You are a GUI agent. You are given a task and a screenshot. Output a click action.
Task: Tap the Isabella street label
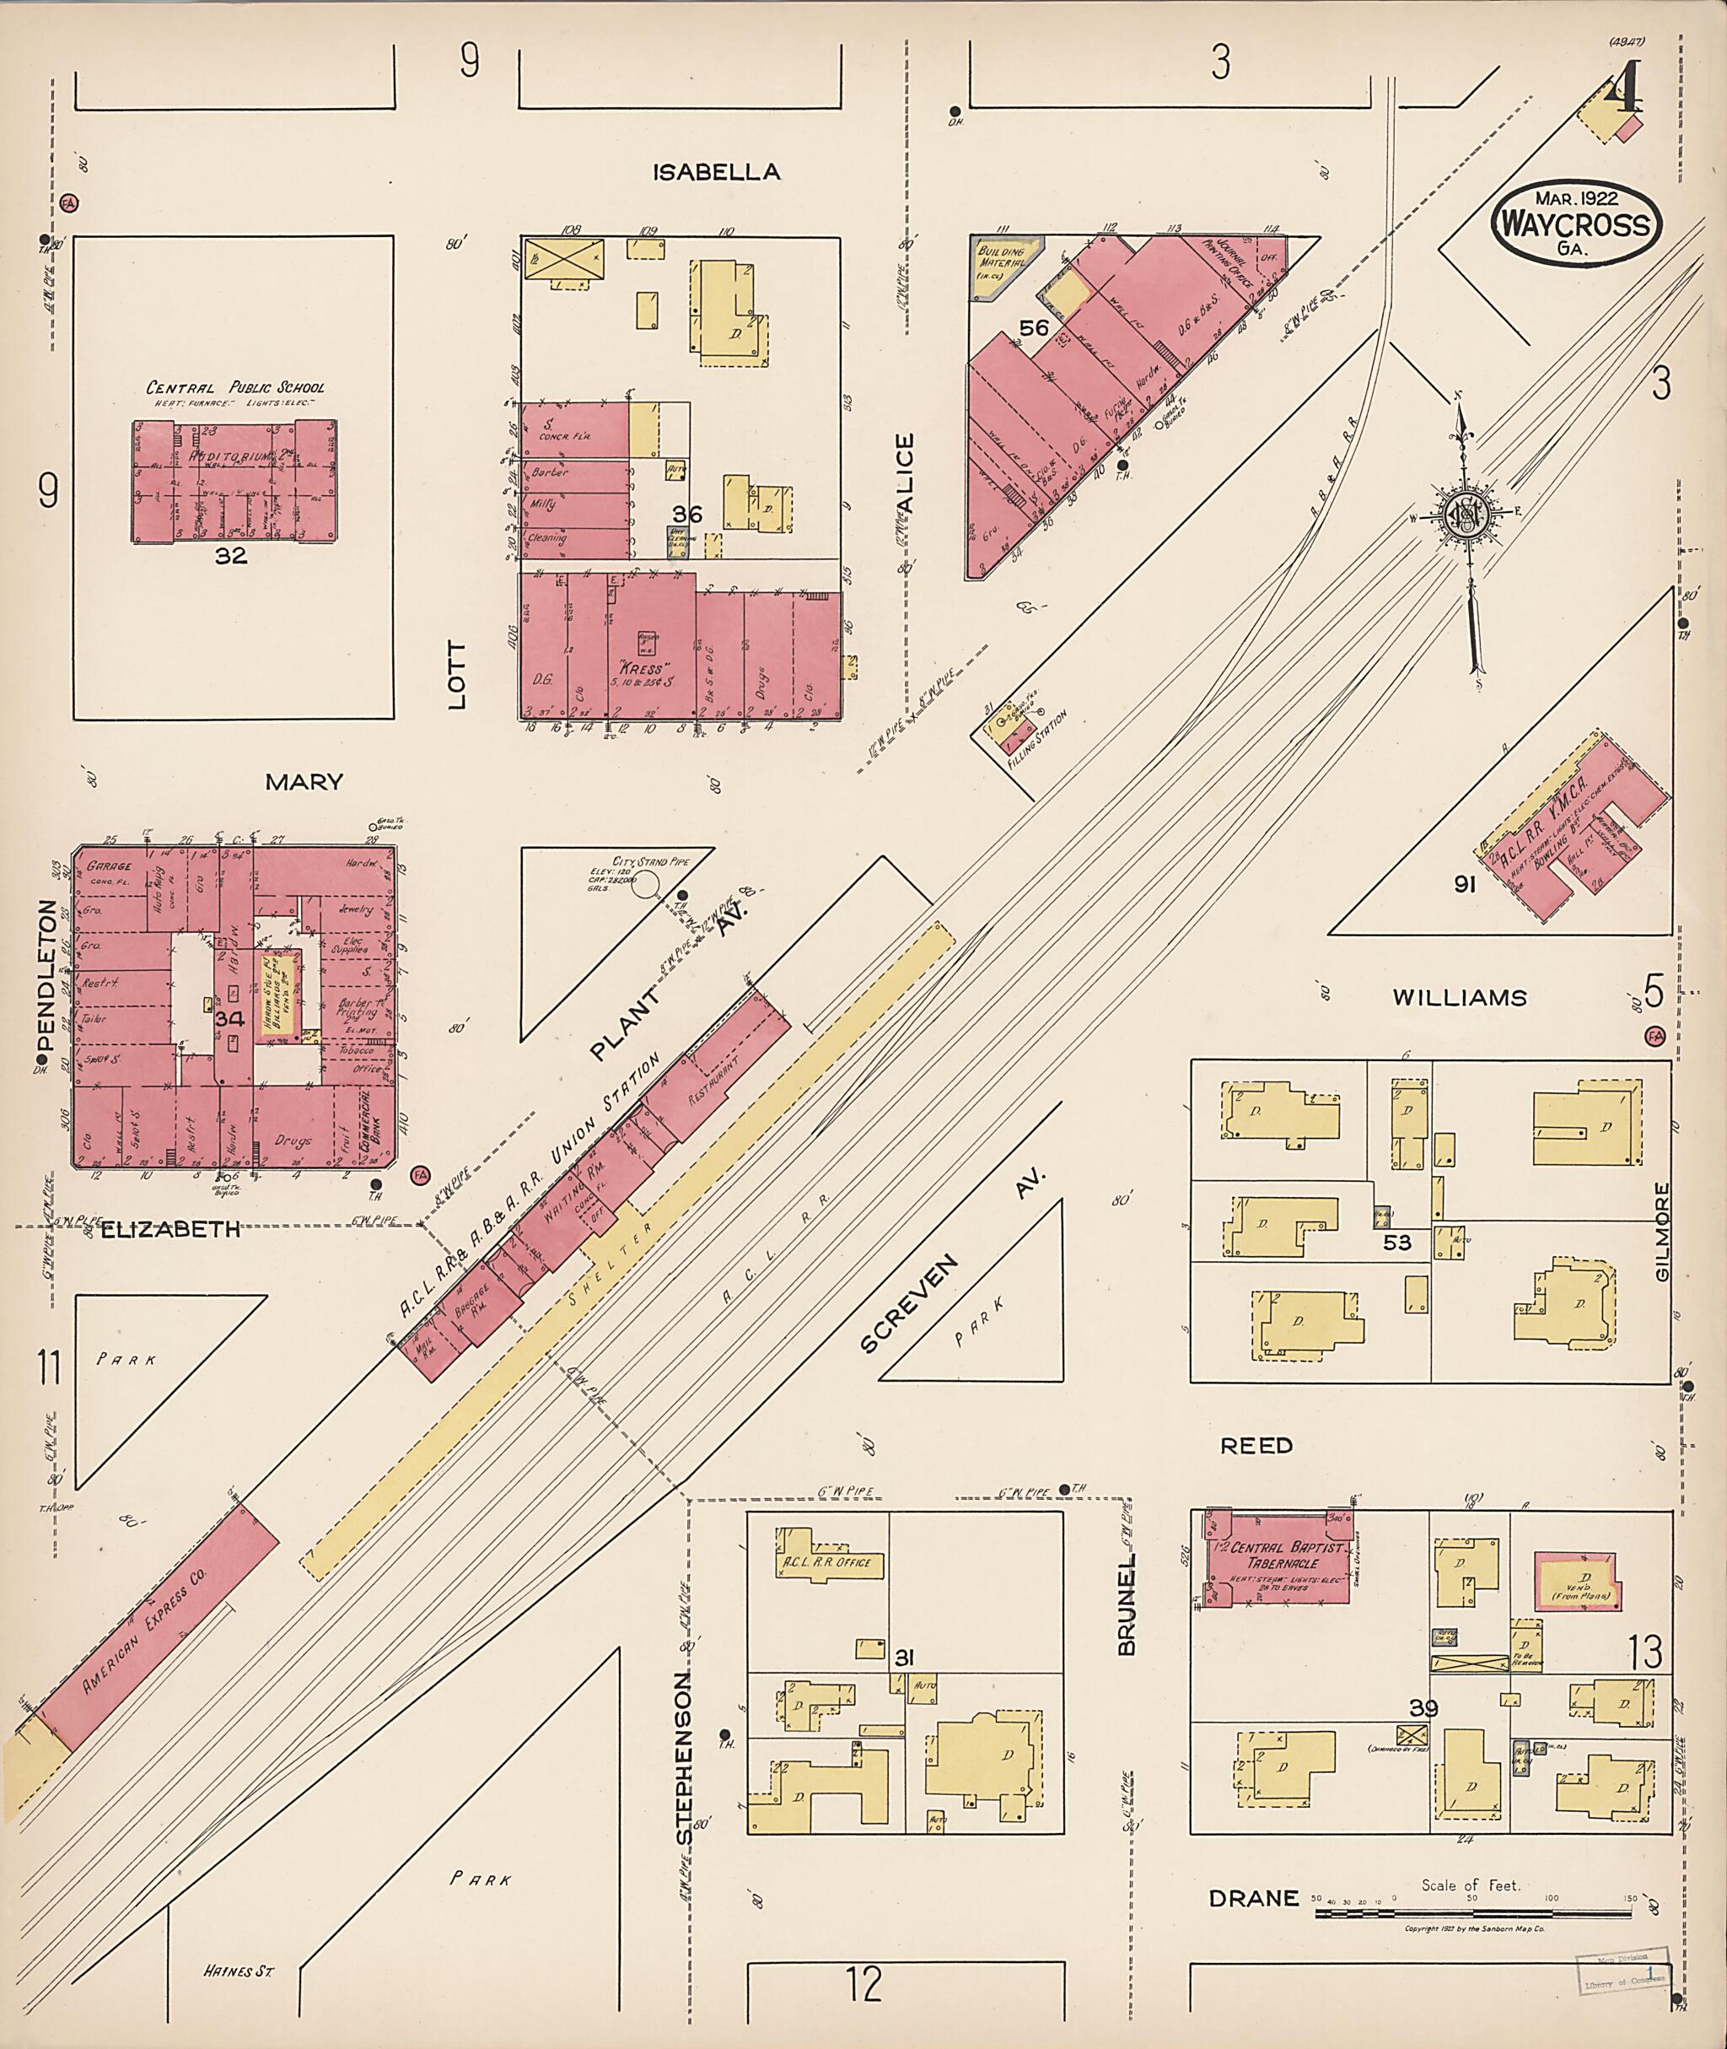717,172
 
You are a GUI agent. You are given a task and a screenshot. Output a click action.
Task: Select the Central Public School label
235,387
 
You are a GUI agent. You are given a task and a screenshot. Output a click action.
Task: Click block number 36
687,515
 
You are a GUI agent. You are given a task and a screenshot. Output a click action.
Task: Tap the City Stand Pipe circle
646,886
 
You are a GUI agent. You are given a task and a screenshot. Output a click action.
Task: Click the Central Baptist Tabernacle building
1278,1557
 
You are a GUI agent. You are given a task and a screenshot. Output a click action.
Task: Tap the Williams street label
1459,998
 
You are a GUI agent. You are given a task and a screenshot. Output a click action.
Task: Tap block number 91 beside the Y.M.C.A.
1465,884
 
